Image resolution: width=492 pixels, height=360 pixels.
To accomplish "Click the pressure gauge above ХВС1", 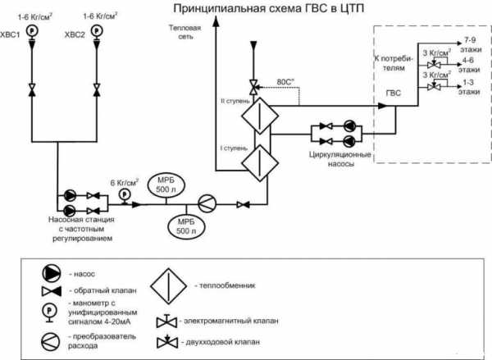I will [31, 32].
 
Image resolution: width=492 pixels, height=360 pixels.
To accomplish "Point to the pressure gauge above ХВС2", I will [98, 32].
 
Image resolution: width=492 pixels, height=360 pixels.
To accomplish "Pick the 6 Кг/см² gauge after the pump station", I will [125, 194].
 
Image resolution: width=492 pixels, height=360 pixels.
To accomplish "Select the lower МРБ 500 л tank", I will [187, 225].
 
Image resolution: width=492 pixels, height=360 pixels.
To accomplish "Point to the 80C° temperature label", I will [288, 81].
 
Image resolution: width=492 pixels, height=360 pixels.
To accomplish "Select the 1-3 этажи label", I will [471, 89].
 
